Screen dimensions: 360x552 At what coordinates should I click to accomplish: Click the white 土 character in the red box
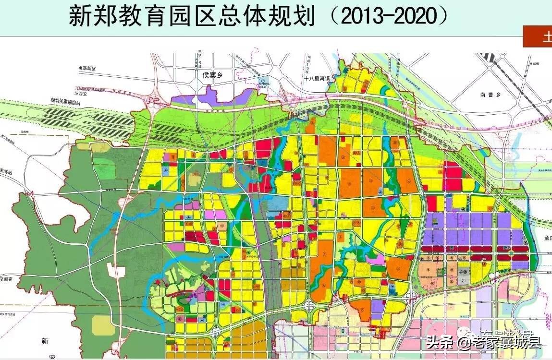tap(547, 37)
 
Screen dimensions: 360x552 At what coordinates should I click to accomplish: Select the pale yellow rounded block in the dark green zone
tap(103, 325)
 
